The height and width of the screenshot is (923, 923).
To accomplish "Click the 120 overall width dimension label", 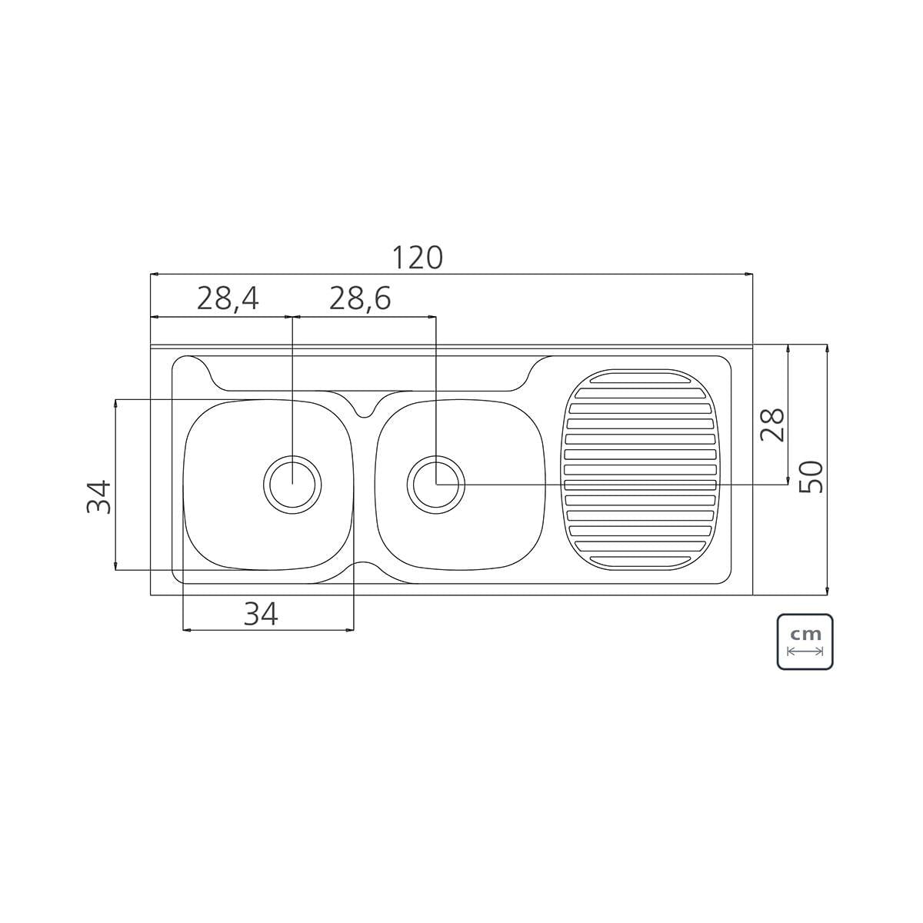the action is [x=418, y=257].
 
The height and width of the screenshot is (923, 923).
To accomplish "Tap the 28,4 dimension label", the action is [x=228, y=299].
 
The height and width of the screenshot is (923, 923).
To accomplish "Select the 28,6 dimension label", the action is [x=360, y=299].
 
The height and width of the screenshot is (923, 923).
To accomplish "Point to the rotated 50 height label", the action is [x=811, y=477].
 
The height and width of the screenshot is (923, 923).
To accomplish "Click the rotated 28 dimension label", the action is [x=772, y=425].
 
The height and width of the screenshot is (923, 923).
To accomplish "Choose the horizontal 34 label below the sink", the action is [x=261, y=615].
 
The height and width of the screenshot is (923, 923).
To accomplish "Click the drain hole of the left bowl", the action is [x=292, y=485].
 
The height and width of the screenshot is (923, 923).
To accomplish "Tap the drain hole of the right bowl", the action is [x=436, y=485].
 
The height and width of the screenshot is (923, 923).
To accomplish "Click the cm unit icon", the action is [x=805, y=641].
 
